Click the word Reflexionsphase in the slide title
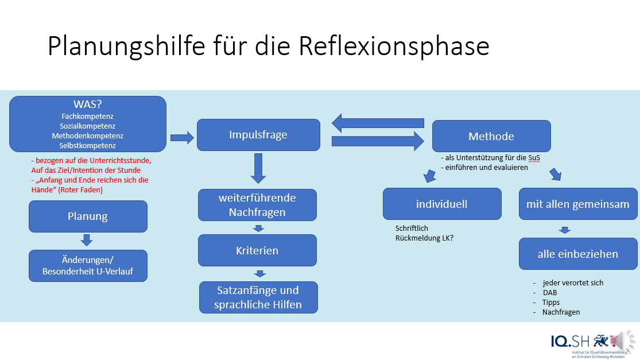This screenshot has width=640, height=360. point(394,47)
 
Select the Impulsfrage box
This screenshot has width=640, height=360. point(258,135)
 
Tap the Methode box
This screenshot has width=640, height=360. point(491,136)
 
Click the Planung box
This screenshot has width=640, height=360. point(88,216)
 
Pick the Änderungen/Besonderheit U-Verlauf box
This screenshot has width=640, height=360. point(88,265)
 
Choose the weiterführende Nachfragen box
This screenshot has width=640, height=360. point(257,205)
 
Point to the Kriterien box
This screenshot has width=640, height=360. point(257,250)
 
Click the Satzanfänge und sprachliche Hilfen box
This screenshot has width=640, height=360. point(258,297)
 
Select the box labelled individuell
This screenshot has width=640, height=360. point(442,204)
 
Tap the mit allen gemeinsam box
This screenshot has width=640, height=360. point(577,204)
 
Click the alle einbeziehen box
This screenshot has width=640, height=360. point(577,254)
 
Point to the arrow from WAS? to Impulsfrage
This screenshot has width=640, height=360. point(182,137)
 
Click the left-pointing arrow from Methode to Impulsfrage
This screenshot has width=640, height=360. point(378,122)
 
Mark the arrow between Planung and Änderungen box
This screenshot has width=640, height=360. point(87,240)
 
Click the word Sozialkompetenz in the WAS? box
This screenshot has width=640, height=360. point(88,126)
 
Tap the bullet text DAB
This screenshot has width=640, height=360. point(550,292)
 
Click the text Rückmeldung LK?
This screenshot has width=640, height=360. point(424,237)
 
